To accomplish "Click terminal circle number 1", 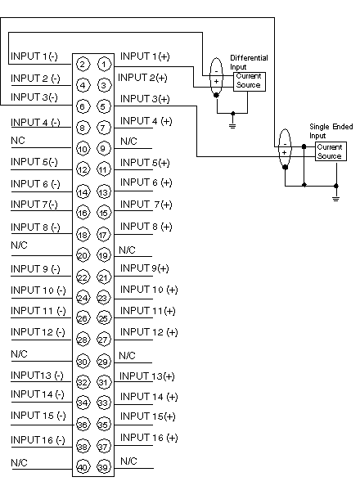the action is [x=104, y=65].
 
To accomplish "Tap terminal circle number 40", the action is [x=83, y=467].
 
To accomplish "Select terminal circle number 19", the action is [x=104, y=256].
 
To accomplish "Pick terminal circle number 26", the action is [x=83, y=318].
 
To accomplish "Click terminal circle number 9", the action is [x=103, y=148].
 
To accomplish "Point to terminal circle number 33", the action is [x=104, y=403].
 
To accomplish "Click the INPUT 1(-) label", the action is [x=34, y=56].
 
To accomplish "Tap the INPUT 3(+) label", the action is [x=145, y=98].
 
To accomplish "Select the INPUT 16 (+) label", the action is [x=149, y=438].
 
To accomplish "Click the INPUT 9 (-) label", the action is [x=35, y=268].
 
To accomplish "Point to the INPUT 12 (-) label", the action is [x=38, y=332].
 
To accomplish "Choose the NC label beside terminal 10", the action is [x=18, y=141].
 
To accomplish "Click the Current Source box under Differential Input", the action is [x=250, y=82].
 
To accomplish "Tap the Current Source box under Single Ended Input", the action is [x=331, y=151].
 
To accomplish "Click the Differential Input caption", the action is [x=249, y=62].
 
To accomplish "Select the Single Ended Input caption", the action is [x=331, y=131].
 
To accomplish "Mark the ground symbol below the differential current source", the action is [x=232, y=126].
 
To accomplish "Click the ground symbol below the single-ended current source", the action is [x=335, y=199].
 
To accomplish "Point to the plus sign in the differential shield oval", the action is [x=217, y=81].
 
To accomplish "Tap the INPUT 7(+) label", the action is [x=146, y=205].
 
